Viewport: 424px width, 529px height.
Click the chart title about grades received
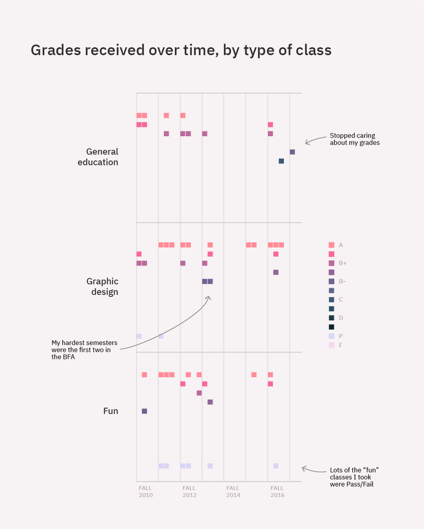(181, 50)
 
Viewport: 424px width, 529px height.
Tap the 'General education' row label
(102, 157)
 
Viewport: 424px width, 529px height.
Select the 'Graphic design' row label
(102, 286)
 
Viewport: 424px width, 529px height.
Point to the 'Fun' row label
(111, 411)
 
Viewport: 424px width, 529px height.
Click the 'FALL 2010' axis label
(145, 491)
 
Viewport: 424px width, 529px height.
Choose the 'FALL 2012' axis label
(189, 491)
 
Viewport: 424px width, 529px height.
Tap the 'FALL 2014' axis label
(233, 491)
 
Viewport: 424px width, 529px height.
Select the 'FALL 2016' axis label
(277, 491)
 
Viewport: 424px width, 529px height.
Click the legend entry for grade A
(336, 245)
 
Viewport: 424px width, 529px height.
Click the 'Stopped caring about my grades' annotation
(355, 139)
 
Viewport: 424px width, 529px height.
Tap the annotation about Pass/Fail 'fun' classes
(354, 477)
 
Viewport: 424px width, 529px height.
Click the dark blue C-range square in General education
(281, 161)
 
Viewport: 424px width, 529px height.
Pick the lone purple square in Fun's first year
(144, 411)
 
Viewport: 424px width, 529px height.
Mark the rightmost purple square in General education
(292, 152)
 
